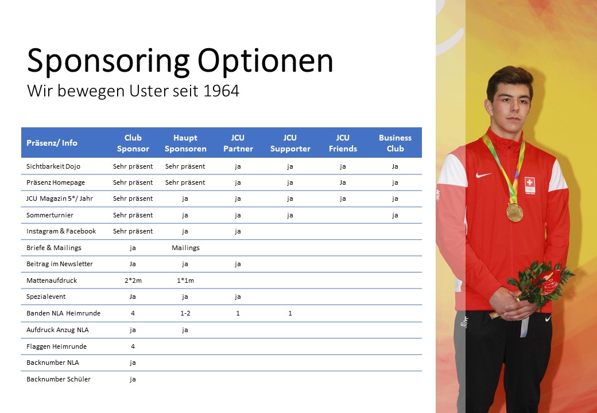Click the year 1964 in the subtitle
[221, 91]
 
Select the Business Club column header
[395, 143]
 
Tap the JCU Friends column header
[343, 143]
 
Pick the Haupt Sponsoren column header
[185, 143]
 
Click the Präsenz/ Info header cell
[52, 143]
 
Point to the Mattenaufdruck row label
[52, 280]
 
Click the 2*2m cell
[133, 280]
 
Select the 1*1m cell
[185, 280]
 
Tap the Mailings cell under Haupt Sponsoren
[185, 248]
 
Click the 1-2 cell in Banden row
[185, 313]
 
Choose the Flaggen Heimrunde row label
[56, 346]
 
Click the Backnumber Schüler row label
[58, 379]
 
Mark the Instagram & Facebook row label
[61, 231]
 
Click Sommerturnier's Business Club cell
[395, 215]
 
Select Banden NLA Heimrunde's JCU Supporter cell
[290, 313]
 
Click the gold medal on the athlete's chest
[514, 212]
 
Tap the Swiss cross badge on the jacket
[529, 185]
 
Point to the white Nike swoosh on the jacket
[483, 175]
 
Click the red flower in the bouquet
[549, 281]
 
